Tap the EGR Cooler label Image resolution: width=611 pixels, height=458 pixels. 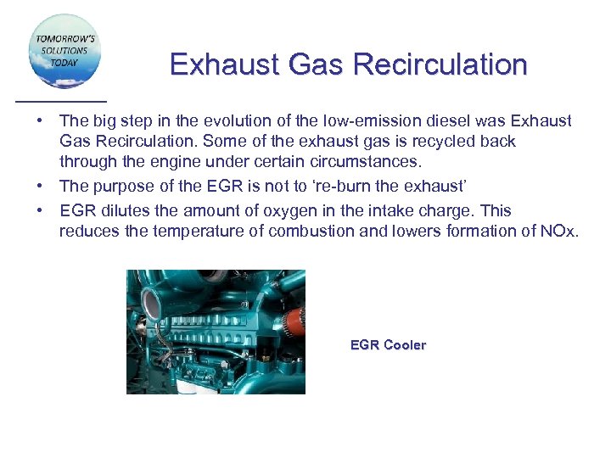click(388, 345)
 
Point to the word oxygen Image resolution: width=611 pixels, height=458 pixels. click(258, 210)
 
